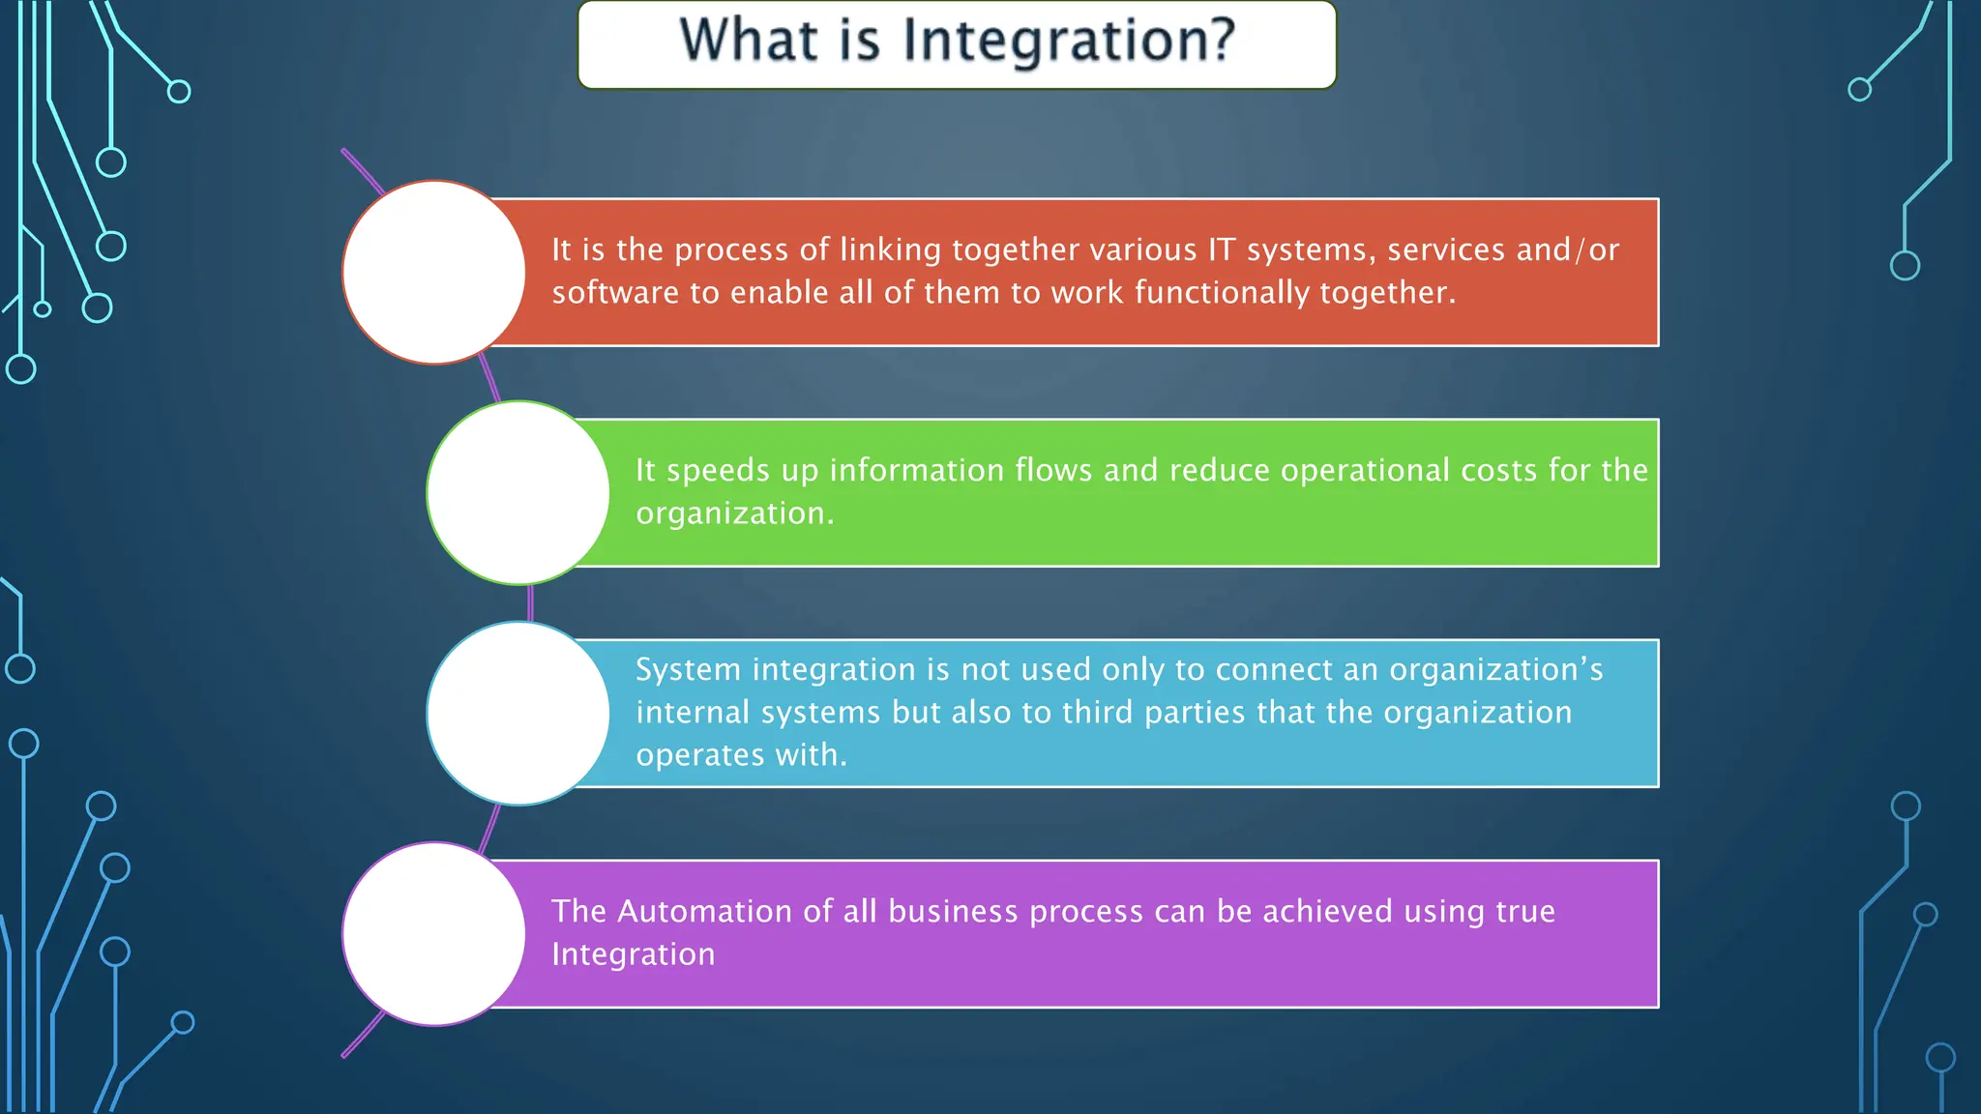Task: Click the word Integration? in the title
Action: (1069, 41)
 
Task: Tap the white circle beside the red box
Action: (434, 273)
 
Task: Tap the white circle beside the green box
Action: (518, 493)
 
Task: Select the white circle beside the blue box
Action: (518, 714)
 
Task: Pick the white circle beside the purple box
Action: (434, 934)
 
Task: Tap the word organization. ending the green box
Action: (734, 513)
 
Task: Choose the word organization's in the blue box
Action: (1495, 669)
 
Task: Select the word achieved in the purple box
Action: (1327, 911)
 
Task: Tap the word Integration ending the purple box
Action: (633, 954)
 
